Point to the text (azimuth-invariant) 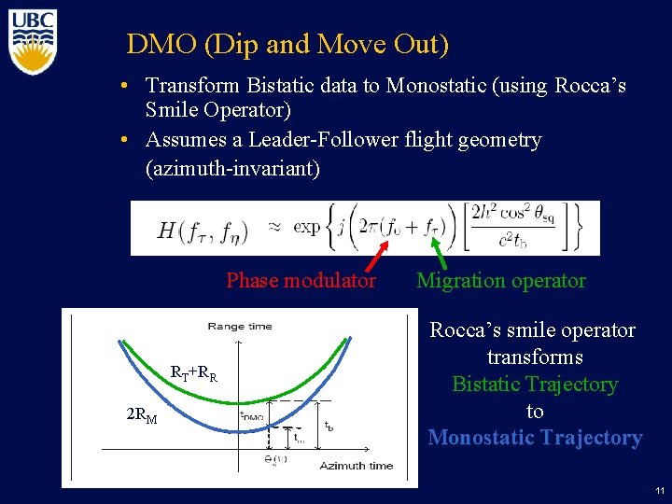point(232,168)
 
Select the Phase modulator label point(301,281)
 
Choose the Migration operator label point(501,281)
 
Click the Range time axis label point(240,326)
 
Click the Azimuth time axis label point(357,465)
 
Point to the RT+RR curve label point(193,375)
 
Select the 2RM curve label point(142,415)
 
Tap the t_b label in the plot point(328,426)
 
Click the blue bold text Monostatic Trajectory point(535,438)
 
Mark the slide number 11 point(659,490)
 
